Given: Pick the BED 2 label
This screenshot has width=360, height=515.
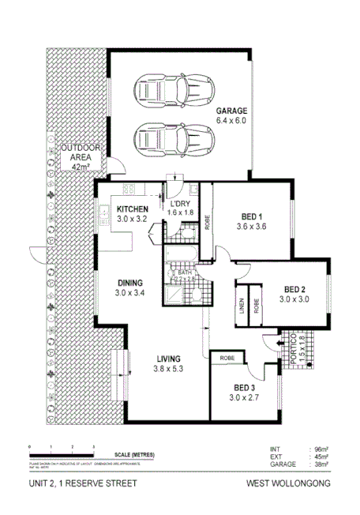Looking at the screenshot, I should pyautogui.click(x=295, y=295).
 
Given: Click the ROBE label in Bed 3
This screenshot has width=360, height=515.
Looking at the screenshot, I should pyautogui.click(x=227, y=360).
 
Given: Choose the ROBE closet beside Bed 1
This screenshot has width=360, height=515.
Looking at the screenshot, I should pyautogui.click(x=207, y=224).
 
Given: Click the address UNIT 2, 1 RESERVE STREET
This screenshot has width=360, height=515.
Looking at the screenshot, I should pyautogui.click(x=73, y=483).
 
